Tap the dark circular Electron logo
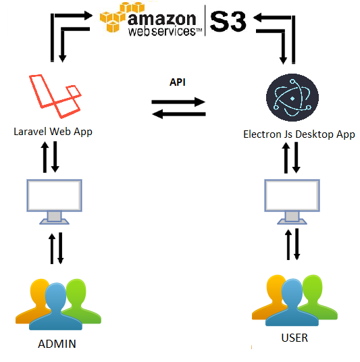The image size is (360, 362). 292,97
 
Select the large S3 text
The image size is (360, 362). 228,22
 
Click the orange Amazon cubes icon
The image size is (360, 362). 122,17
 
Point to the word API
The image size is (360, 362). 178,82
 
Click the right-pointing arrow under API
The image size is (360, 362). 178,102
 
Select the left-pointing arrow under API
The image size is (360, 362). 179,114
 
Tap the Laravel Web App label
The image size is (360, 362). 53,132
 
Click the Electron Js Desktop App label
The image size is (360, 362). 299,134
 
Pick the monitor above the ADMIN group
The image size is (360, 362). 54,201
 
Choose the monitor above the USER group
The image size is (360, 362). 292,201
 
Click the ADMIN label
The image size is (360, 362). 57,344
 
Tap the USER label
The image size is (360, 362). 294,338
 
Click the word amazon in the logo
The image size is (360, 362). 161,19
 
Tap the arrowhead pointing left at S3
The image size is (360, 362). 257,18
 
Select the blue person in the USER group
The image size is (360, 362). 292,303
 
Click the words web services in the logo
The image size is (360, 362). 165,31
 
